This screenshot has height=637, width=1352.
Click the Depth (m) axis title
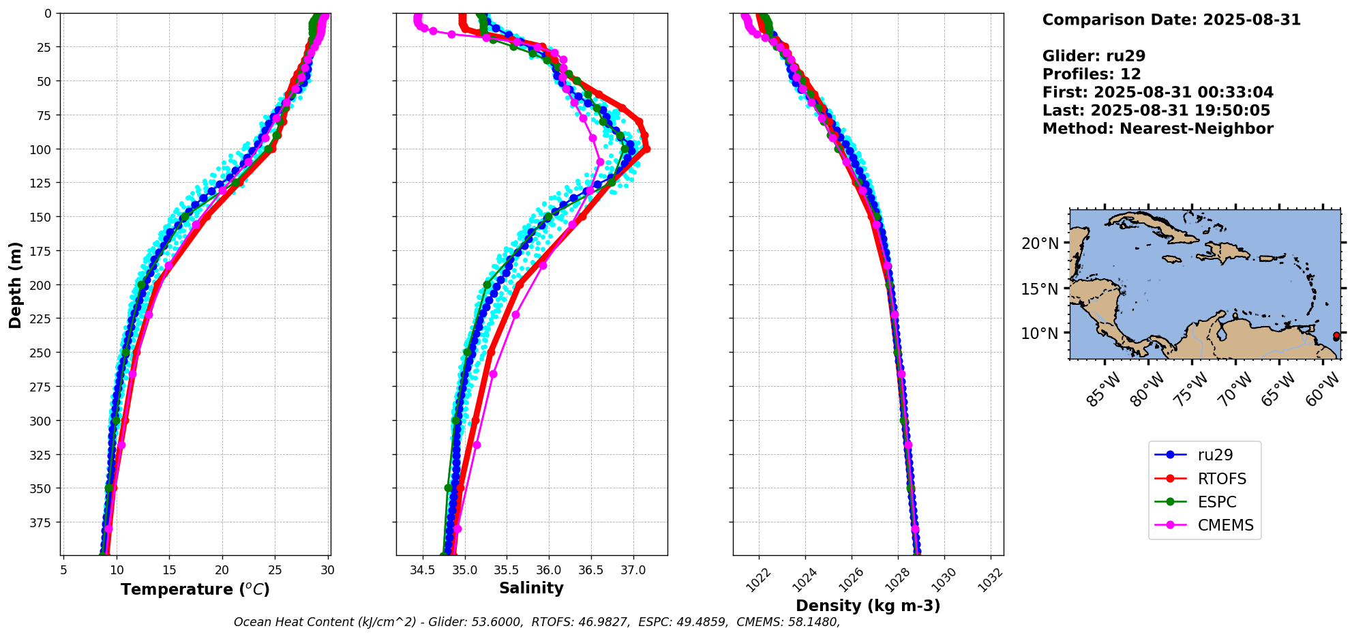pos(15,284)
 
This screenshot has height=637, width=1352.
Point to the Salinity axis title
pos(531,589)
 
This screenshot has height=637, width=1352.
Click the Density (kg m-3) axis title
pos(868,606)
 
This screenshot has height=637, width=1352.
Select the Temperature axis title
pos(195,589)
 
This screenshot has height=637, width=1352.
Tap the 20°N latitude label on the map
pos(1040,243)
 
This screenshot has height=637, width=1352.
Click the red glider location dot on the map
pos(1336,336)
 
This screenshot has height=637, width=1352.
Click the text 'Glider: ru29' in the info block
pos(1094,56)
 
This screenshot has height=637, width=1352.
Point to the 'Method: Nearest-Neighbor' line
pos(1158,128)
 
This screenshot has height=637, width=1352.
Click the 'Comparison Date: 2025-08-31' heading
pos(1171,20)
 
